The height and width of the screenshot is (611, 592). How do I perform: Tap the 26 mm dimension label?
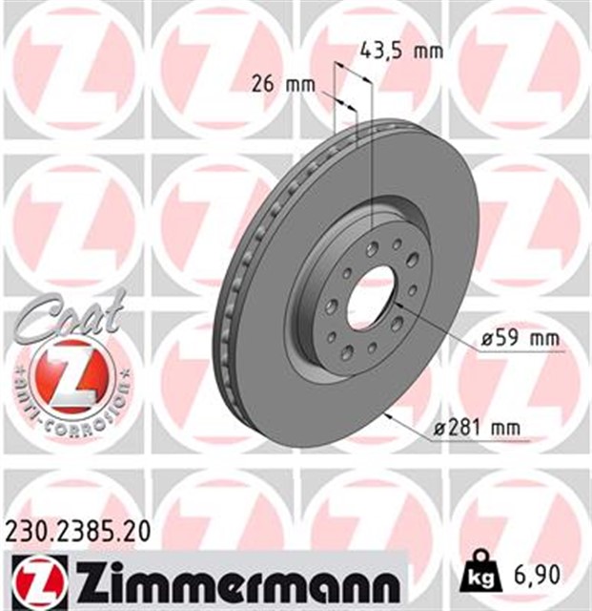tap(282, 83)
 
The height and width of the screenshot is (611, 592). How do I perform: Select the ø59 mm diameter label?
tap(506, 339)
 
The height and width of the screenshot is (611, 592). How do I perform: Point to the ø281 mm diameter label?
tap(477, 428)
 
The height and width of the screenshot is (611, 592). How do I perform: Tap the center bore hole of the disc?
tap(371, 291)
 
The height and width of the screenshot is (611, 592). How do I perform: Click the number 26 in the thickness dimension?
tap(266, 83)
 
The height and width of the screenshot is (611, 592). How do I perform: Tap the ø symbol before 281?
tap(439, 428)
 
